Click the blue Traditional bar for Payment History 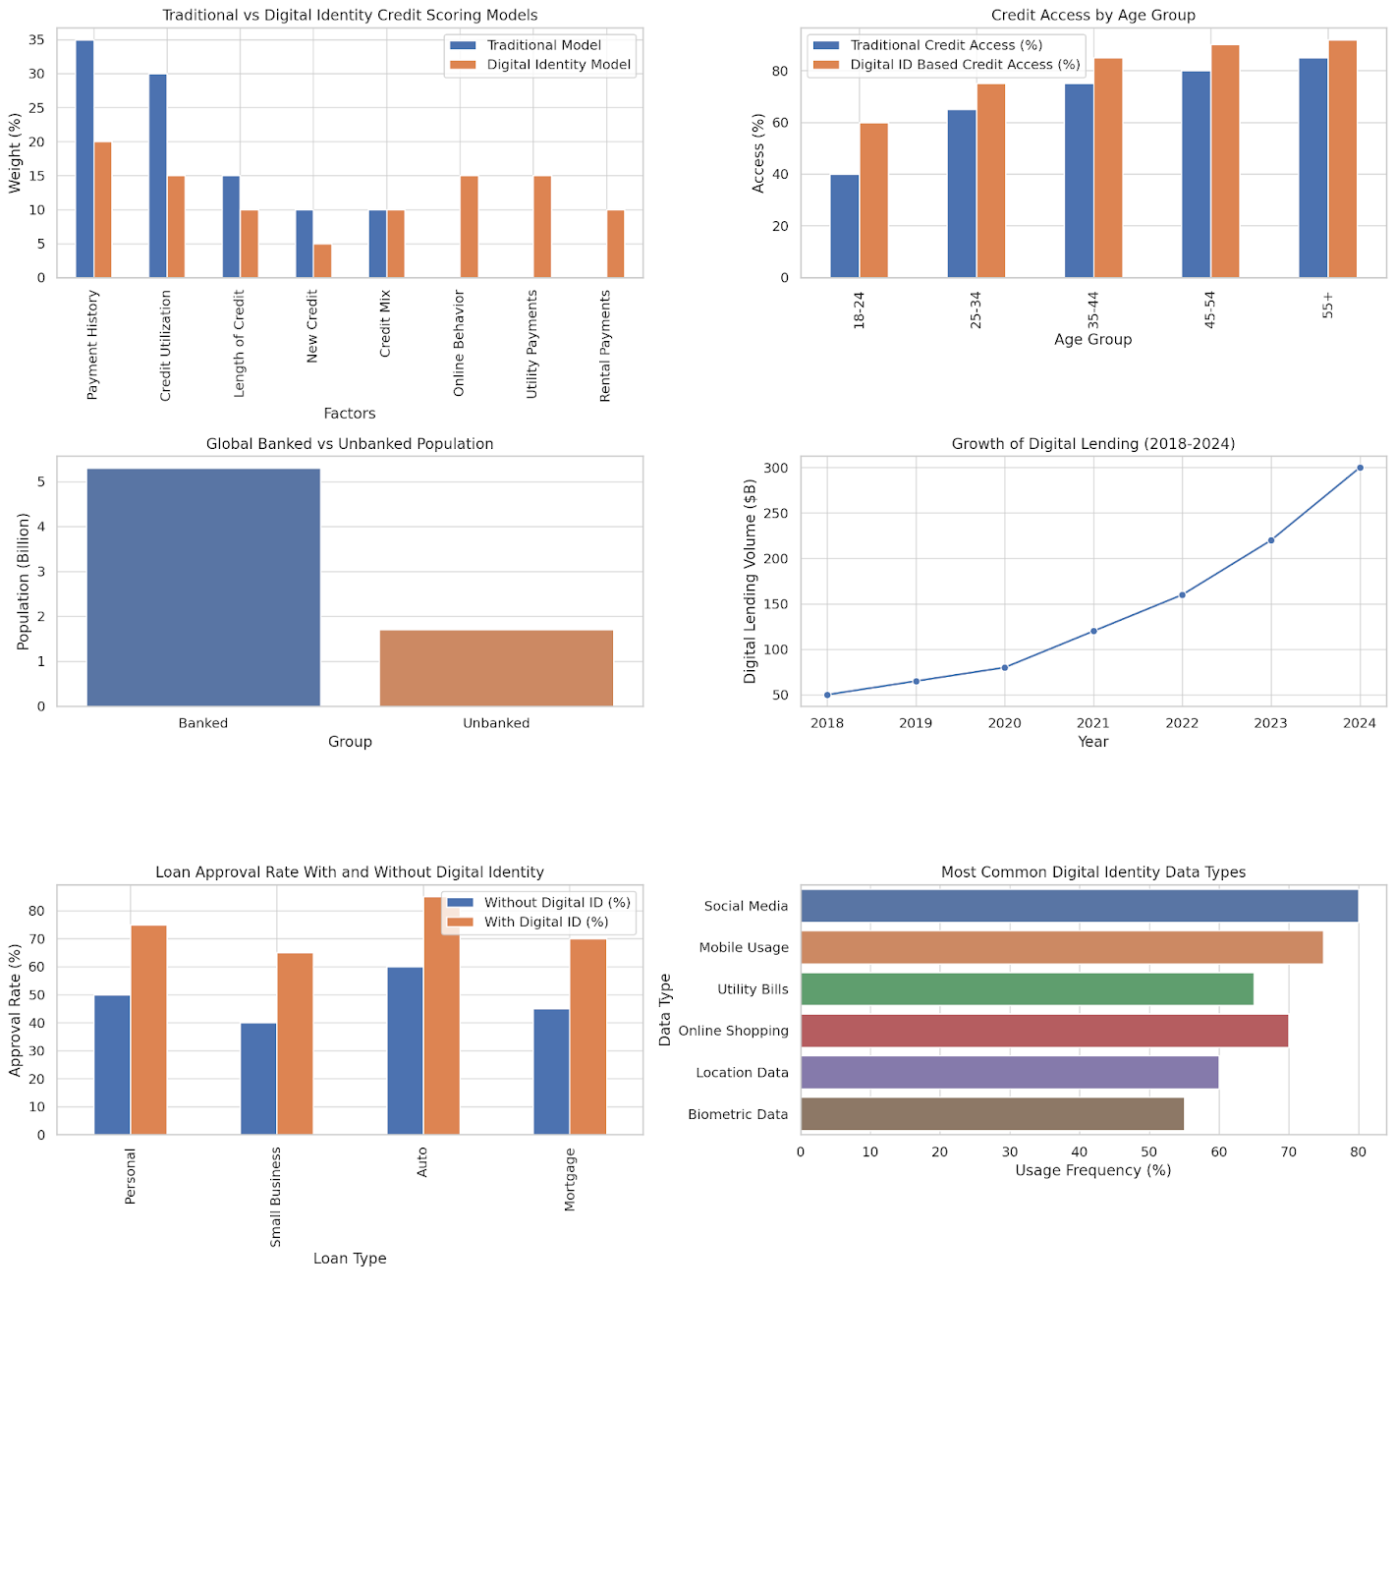84,159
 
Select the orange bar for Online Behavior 469,227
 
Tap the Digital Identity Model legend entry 558,65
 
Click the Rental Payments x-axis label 605,345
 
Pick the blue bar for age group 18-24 844,226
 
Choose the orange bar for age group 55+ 1342,159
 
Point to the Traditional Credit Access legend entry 945,45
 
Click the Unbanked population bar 496,668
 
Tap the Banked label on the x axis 203,723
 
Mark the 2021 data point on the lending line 1093,631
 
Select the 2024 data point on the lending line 1360,468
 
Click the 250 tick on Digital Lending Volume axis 774,513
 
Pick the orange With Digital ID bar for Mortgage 587,1038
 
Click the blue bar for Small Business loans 258,1079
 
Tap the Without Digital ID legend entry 556,902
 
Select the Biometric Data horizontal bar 992,1114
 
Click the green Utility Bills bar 1027,989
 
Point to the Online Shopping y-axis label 733,1031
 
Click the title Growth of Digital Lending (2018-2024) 1092,444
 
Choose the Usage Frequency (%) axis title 1092,1170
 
